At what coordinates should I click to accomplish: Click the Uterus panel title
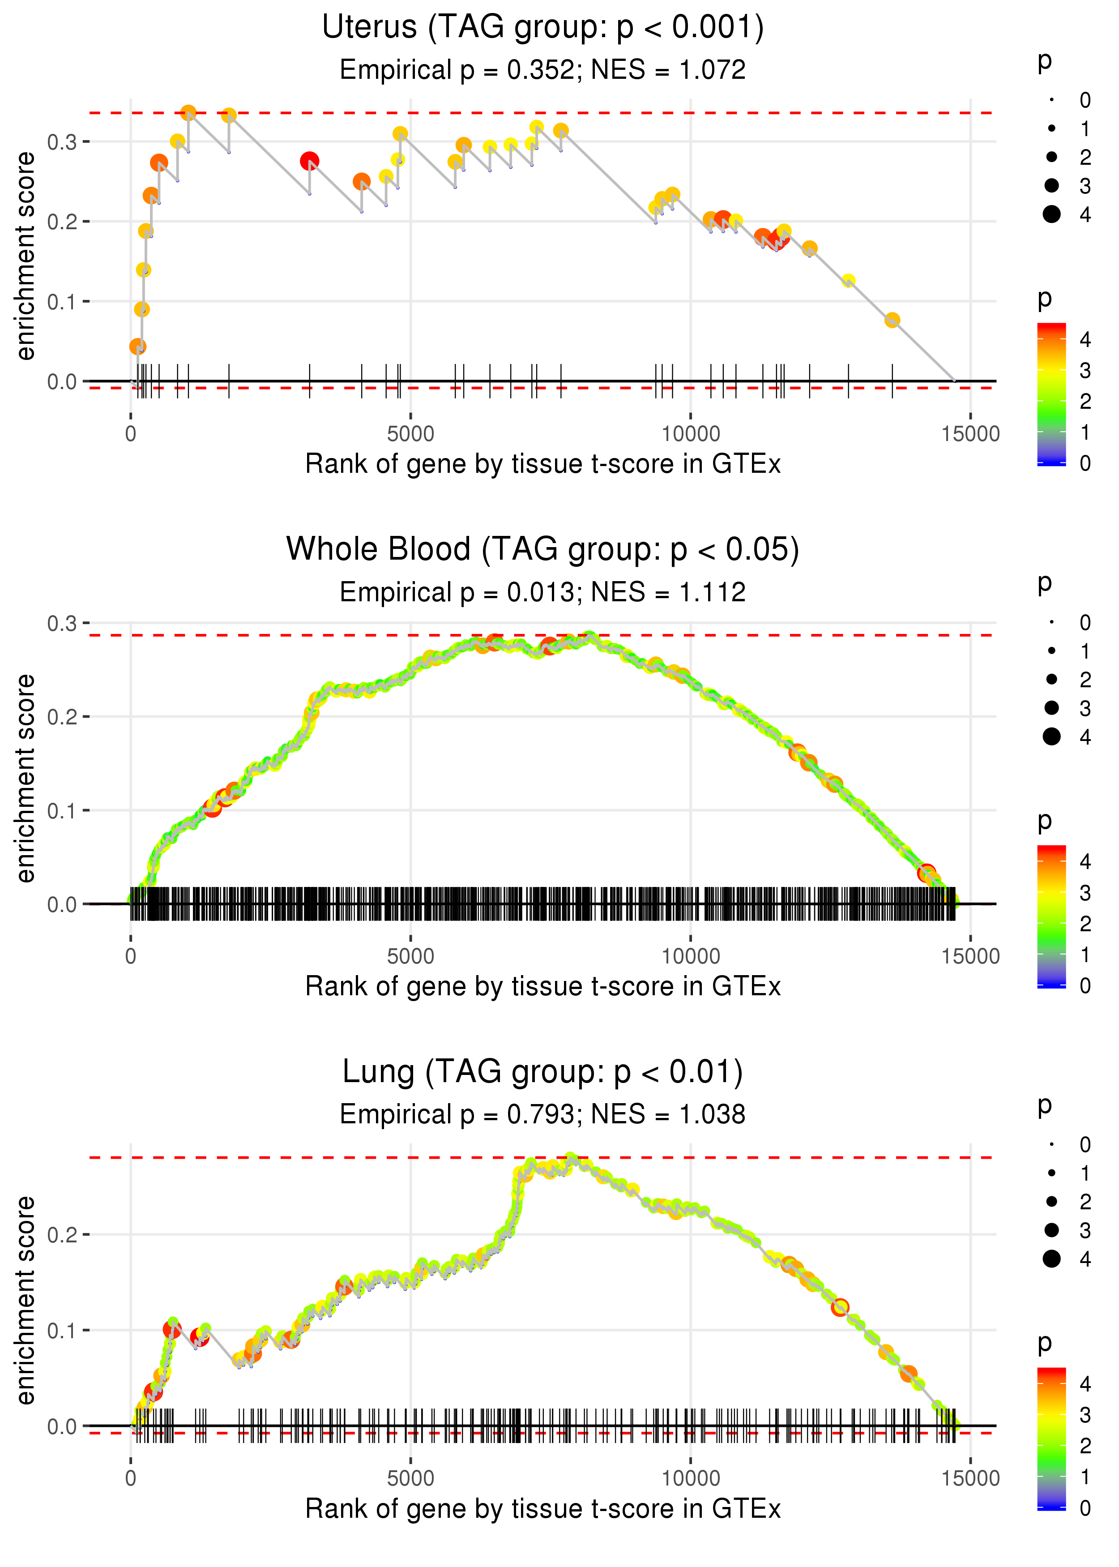click(x=543, y=28)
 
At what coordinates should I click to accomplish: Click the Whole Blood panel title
click(x=543, y=549)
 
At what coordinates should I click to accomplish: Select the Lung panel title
click(x=543, y=1071)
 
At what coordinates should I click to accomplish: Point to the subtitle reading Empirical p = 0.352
click(x=457, y=70)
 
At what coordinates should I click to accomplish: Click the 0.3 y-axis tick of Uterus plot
click(x=61, y=142)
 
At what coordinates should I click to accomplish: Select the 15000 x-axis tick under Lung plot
click(x=970, y=1478)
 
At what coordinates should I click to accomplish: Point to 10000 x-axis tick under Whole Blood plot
click(x=690, y=956)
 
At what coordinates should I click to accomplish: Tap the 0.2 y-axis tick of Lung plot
click(x=61, y=1235)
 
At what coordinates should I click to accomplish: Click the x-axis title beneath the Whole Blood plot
click(x=543, y=986)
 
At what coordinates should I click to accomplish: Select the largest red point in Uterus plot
click(x=309, y=161)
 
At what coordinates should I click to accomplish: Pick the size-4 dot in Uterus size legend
click(x=1051, y=214)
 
